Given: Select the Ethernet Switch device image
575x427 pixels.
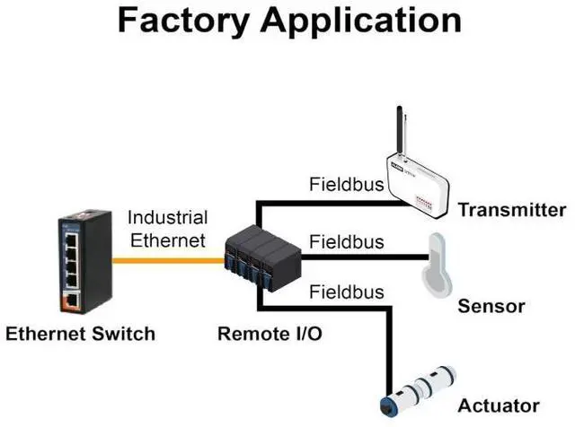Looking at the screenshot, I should coord(86,259).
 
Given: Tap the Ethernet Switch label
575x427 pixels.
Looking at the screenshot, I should coord(81,334).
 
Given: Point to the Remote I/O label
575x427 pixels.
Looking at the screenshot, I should coord(270,334).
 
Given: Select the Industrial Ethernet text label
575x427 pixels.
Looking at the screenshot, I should coord(167,229).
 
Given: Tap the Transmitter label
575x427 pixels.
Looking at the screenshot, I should coord(512,211).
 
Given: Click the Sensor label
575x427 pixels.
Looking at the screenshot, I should coord(491,307).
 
